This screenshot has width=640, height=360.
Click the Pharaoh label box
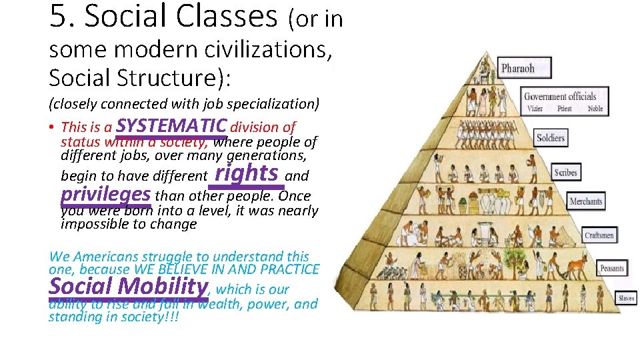click(x=517, y=68)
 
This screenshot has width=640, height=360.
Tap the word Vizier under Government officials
click(x=535, y=109)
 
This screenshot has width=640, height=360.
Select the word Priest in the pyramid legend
click(x=564, y=109)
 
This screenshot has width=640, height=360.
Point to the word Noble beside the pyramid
click(x=595, y=109)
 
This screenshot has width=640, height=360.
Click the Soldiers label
click(x=551, y=139)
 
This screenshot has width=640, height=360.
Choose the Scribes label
click(x=565, y=173)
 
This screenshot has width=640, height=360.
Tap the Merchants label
click(x=586, y=201)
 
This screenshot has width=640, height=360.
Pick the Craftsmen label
click(x=599, y=235)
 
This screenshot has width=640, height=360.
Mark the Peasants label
click(x=611, y=269)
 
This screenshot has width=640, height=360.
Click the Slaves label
click(x=625, y=299)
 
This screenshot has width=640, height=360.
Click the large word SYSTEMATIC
click(x=172, y=125)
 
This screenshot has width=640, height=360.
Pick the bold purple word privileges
click(x=105, y=194)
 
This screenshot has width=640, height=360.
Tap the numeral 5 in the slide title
click(x=58, y=16)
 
